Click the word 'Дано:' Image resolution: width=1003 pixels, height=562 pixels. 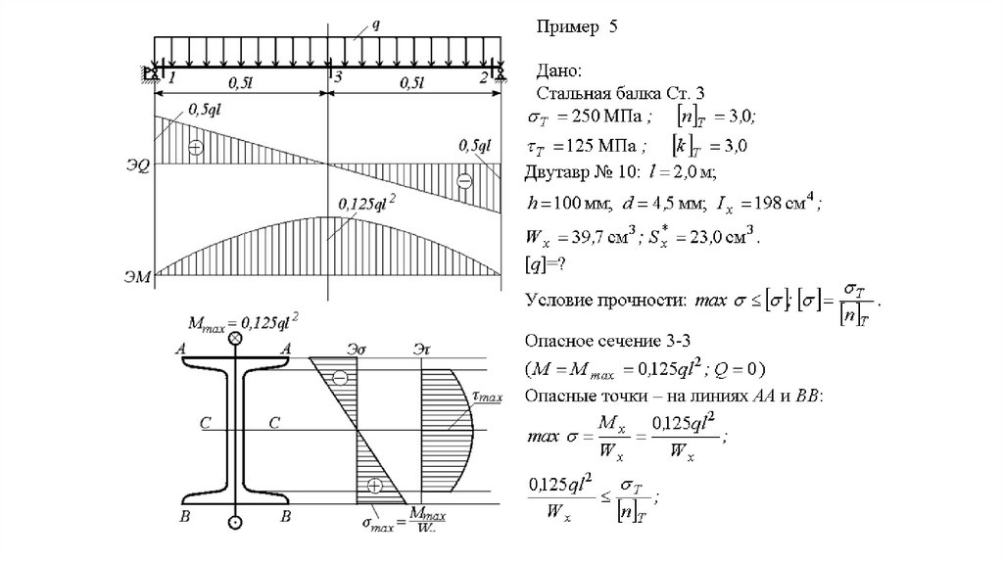coord(559,71)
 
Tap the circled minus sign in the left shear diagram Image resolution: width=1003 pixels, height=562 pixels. coord(196,148)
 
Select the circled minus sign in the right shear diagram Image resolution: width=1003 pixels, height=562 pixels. coord(463,180)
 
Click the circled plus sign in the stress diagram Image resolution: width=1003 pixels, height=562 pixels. coord(373,486)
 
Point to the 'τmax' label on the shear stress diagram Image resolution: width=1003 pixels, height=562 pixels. coord(486,397)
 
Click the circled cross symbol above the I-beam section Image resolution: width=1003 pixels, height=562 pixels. coord(235,339)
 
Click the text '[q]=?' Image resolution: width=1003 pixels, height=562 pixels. coord(549,266)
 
